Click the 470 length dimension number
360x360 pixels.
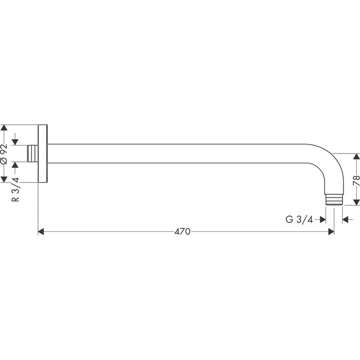[x=182, y=231]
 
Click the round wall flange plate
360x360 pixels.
[x=43, y=154]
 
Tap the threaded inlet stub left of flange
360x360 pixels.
[x=32, y=154]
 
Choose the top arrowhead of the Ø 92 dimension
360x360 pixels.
[x=5, y=129]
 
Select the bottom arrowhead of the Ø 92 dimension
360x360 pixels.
[x=5, y=179]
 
